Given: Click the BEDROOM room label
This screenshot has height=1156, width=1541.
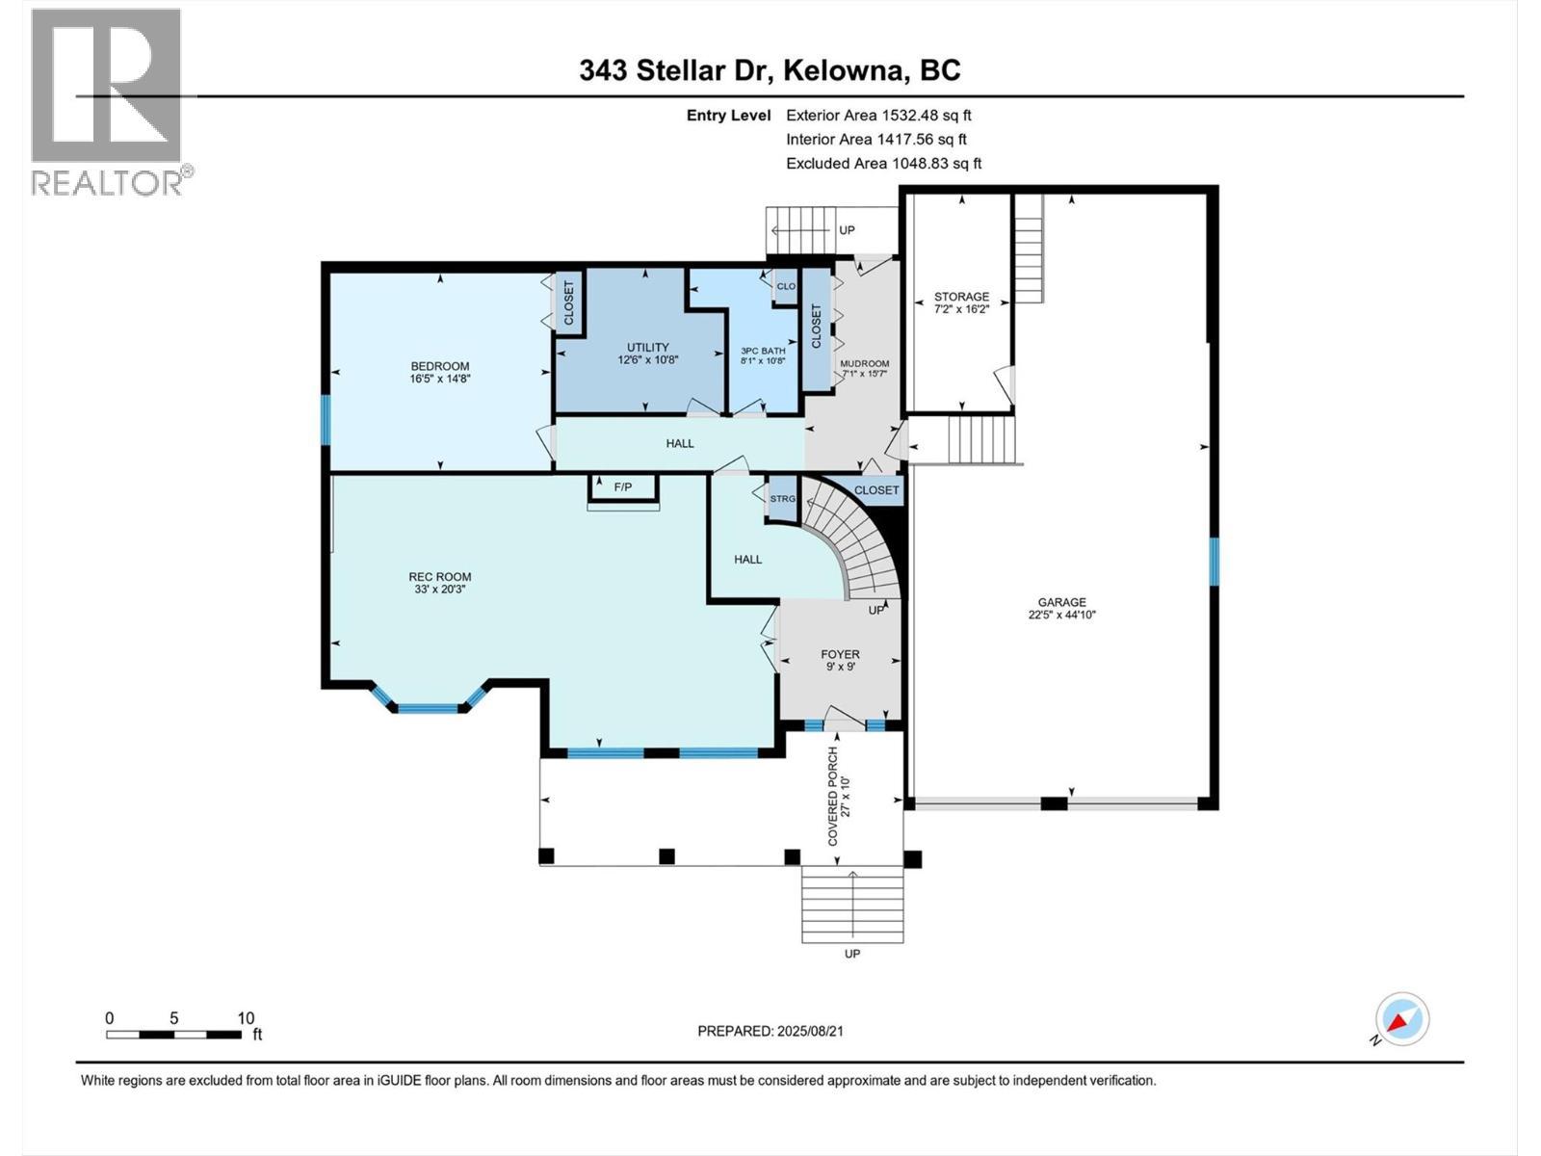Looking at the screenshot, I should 439,366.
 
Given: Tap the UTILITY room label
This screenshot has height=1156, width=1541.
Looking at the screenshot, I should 647,348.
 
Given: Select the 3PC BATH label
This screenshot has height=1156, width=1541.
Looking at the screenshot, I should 763,351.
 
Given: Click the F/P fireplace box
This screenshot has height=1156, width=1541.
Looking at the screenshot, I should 623,487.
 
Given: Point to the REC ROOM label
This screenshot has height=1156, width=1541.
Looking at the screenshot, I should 439,577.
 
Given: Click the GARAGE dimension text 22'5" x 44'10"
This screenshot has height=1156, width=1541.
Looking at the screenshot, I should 1061,615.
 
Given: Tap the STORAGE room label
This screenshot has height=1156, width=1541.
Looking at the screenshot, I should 961,297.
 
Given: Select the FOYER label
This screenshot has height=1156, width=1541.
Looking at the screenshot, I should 840,654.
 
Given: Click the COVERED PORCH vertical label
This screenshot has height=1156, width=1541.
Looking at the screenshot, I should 834,796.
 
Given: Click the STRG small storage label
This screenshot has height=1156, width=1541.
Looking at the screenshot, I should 782,499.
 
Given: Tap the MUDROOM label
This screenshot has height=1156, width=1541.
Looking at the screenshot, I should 864,363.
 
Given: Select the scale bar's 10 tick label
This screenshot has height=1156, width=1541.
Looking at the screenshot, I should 246,1018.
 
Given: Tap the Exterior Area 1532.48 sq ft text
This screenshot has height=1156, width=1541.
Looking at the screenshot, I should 878,116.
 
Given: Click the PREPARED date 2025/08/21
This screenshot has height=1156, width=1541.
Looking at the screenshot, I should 808,1031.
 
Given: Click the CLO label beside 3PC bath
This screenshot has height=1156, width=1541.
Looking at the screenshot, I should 786,286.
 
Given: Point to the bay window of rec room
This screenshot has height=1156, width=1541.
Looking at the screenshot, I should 429,708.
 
